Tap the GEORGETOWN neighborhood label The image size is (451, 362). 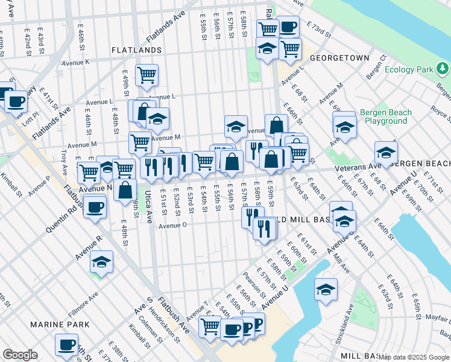point(339,58)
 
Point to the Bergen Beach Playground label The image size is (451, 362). point(385,117)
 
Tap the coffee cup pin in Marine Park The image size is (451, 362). point(66,345)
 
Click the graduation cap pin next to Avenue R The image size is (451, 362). point(102,263)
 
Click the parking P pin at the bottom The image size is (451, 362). point(256,324)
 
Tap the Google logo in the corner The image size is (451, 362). point(20,355)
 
